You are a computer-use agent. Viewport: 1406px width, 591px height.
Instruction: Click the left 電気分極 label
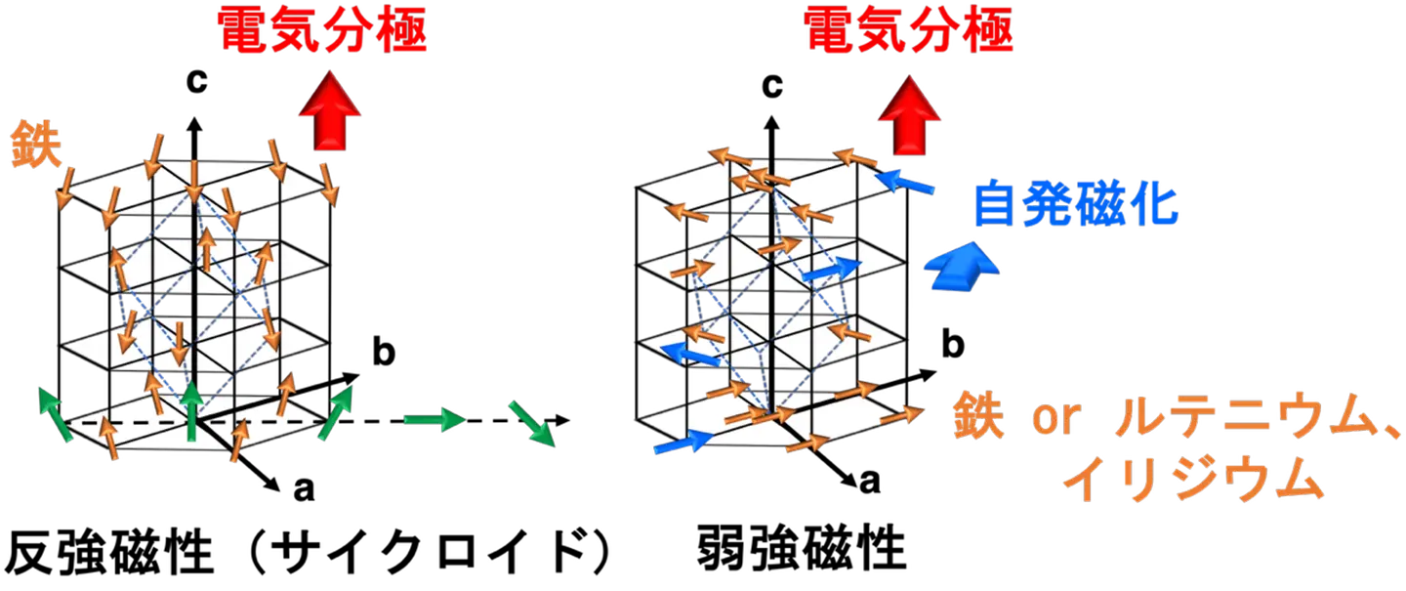(322, 32)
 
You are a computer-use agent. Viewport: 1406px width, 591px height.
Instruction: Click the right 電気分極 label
(908, 32)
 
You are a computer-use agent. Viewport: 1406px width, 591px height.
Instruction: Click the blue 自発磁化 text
(1074, 206)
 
